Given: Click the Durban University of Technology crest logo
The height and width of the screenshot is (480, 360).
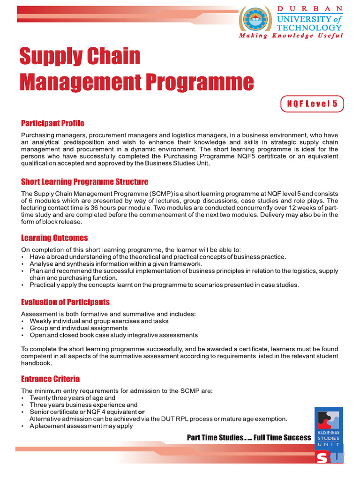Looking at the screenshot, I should [256, 19].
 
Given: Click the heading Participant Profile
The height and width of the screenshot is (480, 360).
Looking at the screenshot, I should [52, 123].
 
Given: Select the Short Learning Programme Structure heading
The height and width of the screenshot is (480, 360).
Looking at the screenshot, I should [84, 182].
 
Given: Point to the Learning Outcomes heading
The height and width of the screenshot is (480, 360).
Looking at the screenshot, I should [54, 238].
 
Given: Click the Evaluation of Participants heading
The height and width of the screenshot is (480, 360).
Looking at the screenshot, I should [65, 302].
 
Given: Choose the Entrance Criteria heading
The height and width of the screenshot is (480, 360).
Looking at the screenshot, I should [50, 379].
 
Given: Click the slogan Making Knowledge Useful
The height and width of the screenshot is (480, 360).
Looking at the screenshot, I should [291, 36].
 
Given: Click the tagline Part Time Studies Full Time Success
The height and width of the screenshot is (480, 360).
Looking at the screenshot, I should [248, 437].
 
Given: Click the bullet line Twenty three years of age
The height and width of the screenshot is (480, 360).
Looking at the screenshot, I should [72, 398].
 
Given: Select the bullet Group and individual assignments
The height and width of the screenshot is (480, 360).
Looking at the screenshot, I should [78, 328].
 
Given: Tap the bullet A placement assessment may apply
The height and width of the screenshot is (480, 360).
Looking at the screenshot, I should [81, 426].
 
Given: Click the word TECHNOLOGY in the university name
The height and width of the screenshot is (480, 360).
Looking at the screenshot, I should [316, 28].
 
